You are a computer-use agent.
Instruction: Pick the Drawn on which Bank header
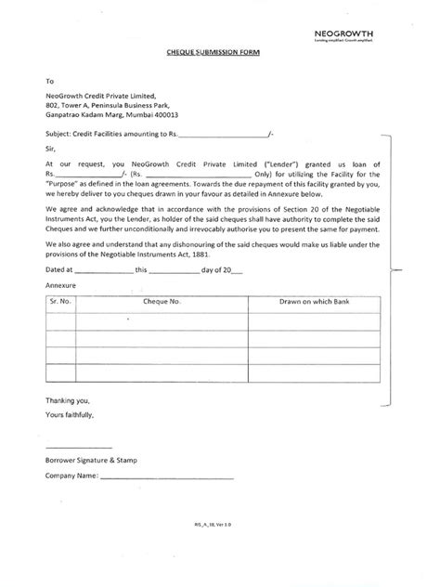tap(316, 302)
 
